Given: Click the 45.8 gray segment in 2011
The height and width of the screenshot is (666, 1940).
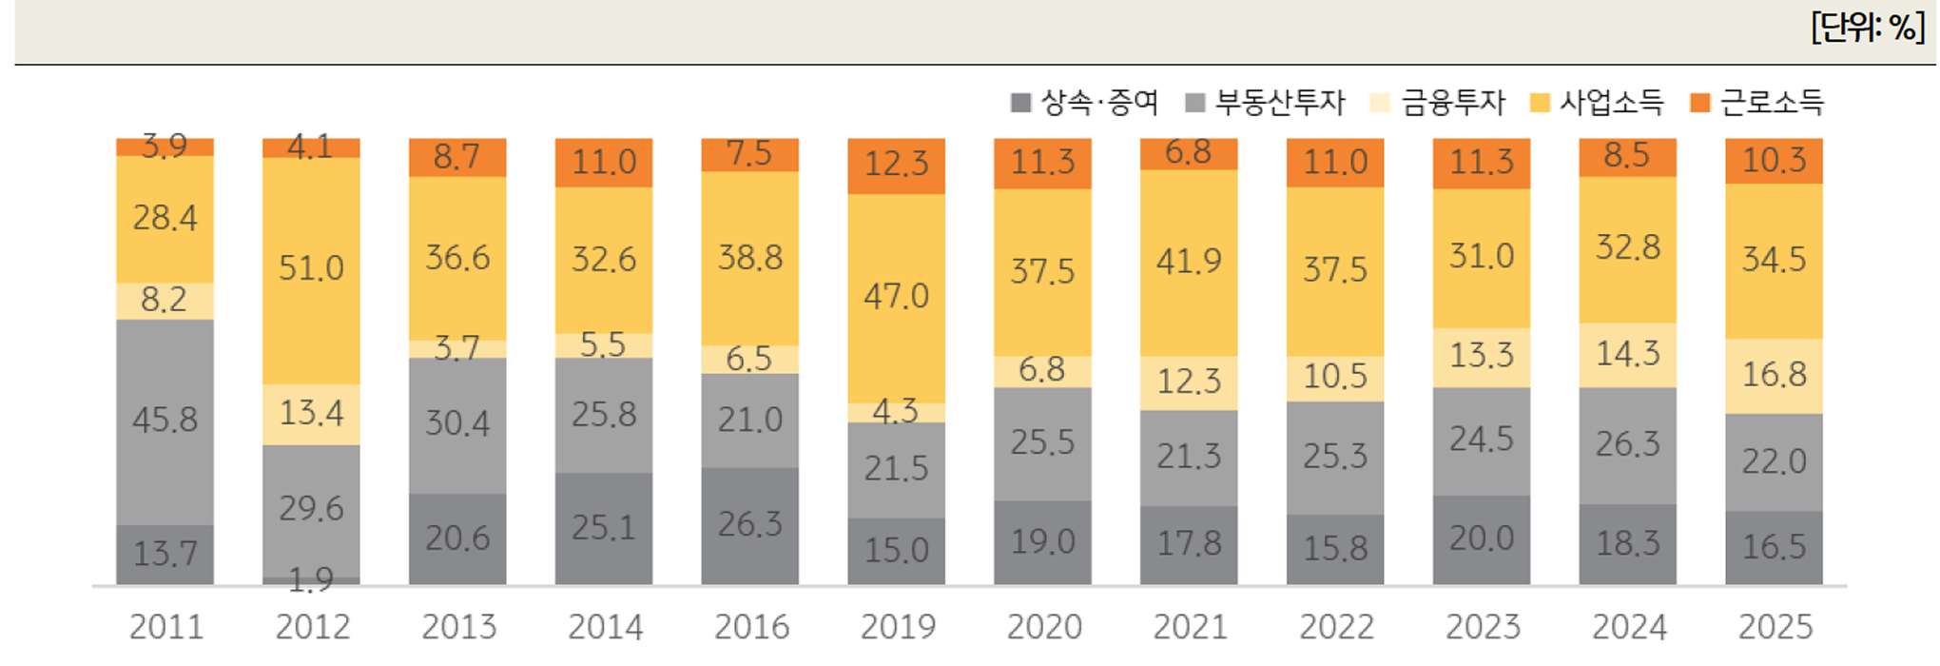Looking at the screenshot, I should click(165, 421).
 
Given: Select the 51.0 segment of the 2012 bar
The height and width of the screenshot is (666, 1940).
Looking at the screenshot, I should click(311, 269).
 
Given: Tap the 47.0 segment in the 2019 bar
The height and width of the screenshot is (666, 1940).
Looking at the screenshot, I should click(896, 297).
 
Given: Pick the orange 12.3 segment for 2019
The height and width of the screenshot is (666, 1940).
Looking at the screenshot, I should click(896, 165).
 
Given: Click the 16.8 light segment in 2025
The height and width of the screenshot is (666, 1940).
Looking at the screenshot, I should click(1774, 375).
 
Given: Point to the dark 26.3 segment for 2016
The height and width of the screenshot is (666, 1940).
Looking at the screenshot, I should click(749, 524).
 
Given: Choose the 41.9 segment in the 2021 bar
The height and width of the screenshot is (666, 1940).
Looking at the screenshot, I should click(1189, 262).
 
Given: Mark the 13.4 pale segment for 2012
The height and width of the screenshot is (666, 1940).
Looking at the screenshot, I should click(311, 414).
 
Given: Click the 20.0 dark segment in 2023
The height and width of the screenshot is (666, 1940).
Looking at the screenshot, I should click(1481, 539).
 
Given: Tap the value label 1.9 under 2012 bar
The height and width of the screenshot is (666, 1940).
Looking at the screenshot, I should click(311, 579).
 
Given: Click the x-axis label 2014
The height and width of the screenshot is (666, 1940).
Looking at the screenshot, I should click(605, 627).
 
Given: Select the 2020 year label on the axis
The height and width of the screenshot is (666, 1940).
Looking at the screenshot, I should click(1044, 627).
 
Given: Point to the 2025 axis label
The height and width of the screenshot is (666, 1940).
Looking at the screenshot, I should click(1775, 627).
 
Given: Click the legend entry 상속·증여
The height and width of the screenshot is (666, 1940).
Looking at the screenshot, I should click(1099, 103).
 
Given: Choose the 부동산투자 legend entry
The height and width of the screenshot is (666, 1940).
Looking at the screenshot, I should click(1279, 103).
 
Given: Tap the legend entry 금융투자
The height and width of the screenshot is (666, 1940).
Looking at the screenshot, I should click(1452, 103).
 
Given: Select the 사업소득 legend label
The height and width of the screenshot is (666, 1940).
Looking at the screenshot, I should click(1611, 103).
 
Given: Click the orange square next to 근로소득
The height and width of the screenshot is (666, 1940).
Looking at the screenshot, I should click(1700, 103).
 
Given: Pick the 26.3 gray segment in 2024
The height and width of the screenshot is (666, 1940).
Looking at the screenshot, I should click(1627, 444).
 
